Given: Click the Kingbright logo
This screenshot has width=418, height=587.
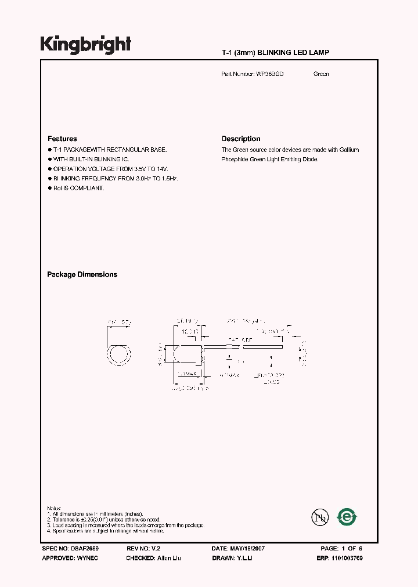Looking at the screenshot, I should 85,44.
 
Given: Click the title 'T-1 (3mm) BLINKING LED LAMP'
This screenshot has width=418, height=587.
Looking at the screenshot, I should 276,53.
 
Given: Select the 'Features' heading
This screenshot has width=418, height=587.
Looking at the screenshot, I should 62,139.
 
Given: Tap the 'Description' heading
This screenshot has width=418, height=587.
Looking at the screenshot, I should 241,139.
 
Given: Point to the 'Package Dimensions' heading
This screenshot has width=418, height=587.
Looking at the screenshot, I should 82,274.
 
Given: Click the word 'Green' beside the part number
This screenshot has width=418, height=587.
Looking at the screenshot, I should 321,74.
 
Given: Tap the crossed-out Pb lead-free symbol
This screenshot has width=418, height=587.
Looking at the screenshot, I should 318,517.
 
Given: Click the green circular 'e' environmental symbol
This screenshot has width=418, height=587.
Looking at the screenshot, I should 347,516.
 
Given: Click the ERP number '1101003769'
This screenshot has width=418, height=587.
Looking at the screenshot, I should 355,557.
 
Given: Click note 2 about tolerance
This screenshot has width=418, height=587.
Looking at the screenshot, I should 105,520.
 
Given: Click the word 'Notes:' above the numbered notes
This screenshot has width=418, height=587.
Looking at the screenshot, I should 53,508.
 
